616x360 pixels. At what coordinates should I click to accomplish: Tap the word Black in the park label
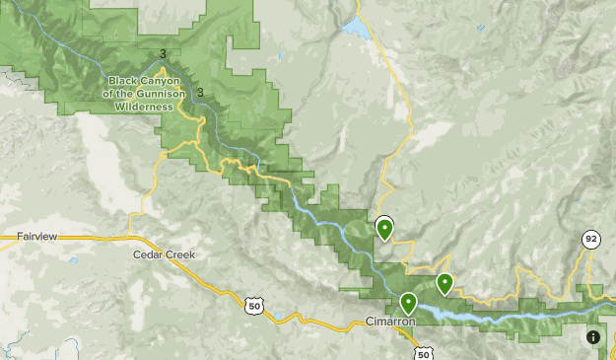click(124, 81)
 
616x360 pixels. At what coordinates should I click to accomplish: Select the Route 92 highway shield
click(590, 240)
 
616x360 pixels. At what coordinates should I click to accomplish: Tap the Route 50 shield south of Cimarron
click(423, 353)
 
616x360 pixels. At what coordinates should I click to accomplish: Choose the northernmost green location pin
click(384, 230)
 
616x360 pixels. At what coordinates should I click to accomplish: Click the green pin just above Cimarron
click(408, 303)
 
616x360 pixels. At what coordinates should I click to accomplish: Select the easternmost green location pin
click(445, 283)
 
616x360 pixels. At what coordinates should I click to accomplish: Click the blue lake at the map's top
click(356, 31)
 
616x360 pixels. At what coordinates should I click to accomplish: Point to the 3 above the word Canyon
click(163, 54)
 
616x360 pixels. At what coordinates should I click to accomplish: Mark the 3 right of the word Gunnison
click(200, 93)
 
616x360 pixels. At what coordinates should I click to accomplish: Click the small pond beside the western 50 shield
click(279, 318)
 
